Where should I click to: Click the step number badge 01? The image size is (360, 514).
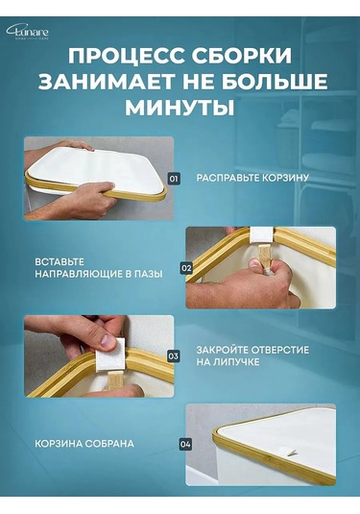pyautogui.click(x=174, y=178)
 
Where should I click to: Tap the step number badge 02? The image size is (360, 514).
pyautogui.click(x=186, y=268)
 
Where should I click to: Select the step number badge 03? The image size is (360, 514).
pyautogui.click(x=174, y=355)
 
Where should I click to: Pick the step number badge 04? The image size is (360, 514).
pyautogui.click(x=185, y=444)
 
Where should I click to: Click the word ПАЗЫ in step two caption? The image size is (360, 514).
pyautogui.click(x=146, y=275)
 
